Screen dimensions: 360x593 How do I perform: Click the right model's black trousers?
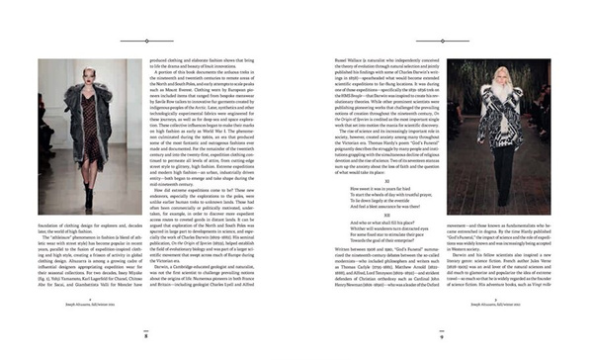click(x=504, y=188)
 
